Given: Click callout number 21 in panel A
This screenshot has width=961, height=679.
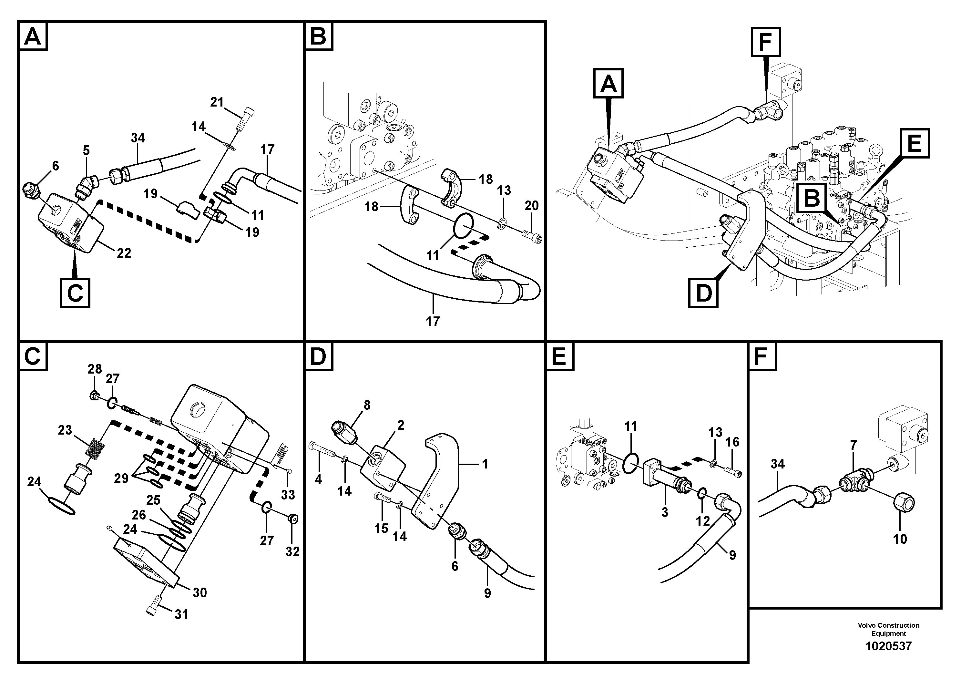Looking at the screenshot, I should [217, 102].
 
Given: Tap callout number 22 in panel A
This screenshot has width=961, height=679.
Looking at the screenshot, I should [124, 253].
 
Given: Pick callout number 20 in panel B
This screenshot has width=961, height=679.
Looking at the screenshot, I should [532, 206].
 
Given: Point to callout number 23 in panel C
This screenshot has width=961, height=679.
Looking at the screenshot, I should [65, 430].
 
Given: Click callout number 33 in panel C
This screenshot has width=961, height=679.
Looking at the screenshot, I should [288, 495].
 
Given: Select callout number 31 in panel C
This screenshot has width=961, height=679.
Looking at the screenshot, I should [181, 614].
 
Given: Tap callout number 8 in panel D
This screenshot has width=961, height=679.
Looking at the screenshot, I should [367, 405].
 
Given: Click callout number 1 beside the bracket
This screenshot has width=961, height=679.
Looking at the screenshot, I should [485, 464].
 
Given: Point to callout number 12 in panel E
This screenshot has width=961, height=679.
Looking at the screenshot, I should [703, 521].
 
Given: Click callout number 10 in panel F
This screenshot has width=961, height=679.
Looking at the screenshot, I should [900, 539].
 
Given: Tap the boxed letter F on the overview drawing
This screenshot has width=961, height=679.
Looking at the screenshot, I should [765, 42].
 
